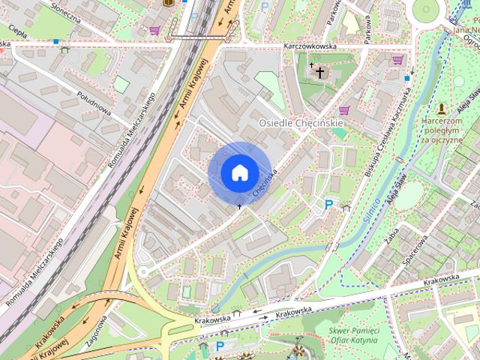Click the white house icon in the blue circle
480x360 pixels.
(238, 173)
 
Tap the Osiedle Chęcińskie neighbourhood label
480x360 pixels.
(301, 122)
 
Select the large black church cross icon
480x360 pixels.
(320, 73)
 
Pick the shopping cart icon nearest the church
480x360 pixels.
(344, 110)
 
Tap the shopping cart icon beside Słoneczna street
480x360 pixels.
(155, 31)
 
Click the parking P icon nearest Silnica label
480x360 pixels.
(328, 204)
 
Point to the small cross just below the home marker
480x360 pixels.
(240, 205)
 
